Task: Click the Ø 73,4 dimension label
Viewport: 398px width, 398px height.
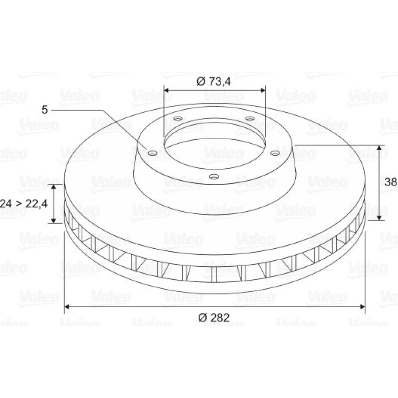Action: pos(214,82)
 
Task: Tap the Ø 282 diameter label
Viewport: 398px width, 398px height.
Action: pos(214,318)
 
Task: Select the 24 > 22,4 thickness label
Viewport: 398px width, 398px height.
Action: pos(23,203)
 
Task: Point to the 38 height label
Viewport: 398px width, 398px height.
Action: pos(391,182)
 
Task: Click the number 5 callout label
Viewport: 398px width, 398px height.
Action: pos(45,110)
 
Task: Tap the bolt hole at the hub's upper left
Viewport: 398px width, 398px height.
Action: pos(178,119)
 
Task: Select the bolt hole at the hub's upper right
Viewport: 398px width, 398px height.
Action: pos(250,119)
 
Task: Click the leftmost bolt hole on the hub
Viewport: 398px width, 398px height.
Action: pos(153,153)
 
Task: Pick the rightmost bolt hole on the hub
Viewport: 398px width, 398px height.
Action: pos(275,153)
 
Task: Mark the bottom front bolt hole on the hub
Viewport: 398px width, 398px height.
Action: pos(214,176)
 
